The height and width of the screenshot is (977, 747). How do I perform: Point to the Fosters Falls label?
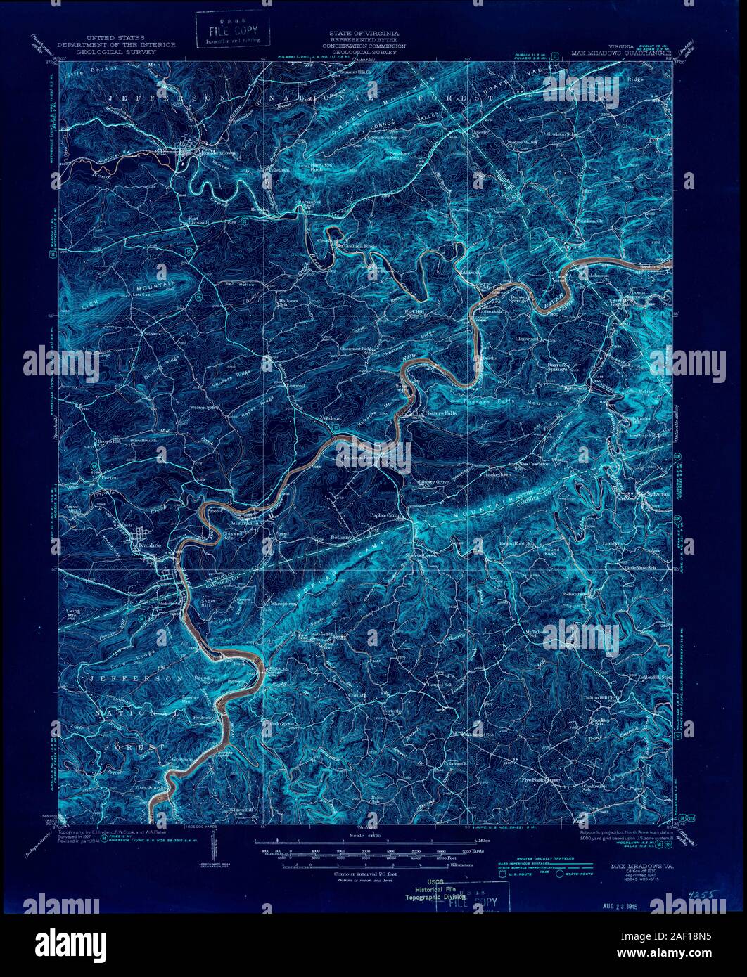tap(440, 413)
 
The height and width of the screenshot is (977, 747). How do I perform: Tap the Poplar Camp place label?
tap(385, 515)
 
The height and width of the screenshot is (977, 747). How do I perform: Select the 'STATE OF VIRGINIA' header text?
tap(364, 34)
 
